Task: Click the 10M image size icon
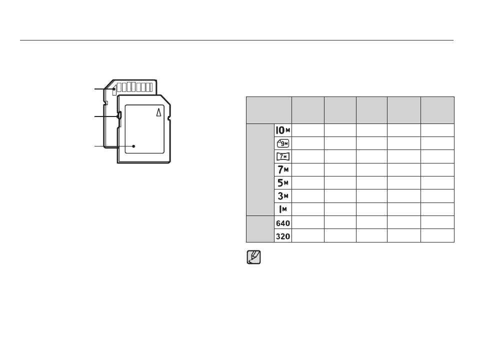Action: [x=283, y=130]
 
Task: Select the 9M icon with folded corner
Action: [x=283, y=143]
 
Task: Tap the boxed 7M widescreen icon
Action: [x=283, y=156]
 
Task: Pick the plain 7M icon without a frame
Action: [x=283, y=169]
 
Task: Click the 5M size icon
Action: [x=283, y=183]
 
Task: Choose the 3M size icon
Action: [x=283, y=196]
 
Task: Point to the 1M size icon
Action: [x=283, y=209]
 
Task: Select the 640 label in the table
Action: [x=283, y=223]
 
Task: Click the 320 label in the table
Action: [x=283, y=236]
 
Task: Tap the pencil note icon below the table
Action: [x=253, y=257]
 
